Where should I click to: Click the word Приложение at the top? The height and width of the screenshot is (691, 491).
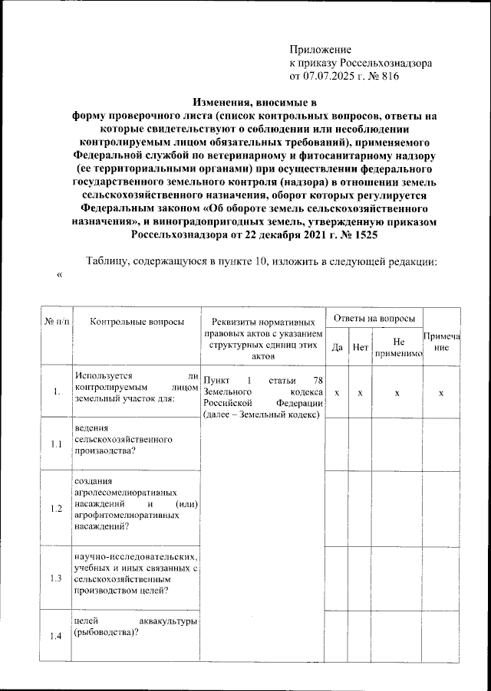point(320,49)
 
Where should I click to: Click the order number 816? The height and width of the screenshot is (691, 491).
point(389,76)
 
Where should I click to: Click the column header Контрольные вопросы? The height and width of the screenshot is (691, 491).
point(137,322)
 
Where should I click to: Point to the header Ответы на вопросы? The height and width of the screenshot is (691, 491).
point(374,318)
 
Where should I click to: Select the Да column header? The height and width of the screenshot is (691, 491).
point(336,348)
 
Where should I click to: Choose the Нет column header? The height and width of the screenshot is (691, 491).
point(360,348)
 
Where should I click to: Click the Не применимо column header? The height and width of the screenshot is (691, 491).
point(397,348)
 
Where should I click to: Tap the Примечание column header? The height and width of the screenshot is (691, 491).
point(441,342)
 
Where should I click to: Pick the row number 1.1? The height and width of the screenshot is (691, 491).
point(56,444)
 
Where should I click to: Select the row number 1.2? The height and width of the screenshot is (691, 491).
point(56,509)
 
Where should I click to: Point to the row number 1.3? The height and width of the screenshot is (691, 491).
point(56,578)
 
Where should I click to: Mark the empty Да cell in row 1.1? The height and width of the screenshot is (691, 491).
point(336,444)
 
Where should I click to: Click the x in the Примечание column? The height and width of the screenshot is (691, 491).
point(441,392)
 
